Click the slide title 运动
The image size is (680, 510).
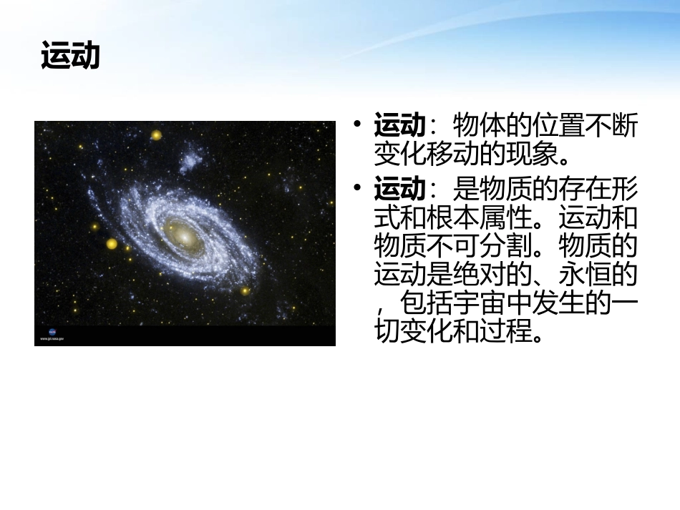70,56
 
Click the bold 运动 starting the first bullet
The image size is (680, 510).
399,126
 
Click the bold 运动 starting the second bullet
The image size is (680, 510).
399,190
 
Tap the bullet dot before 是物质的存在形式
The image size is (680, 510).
357,189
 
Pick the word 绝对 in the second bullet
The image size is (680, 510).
491,274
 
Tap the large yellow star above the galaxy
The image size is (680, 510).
156,134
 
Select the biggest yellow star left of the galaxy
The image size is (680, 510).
112,244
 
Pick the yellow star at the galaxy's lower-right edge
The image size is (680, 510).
245,290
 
